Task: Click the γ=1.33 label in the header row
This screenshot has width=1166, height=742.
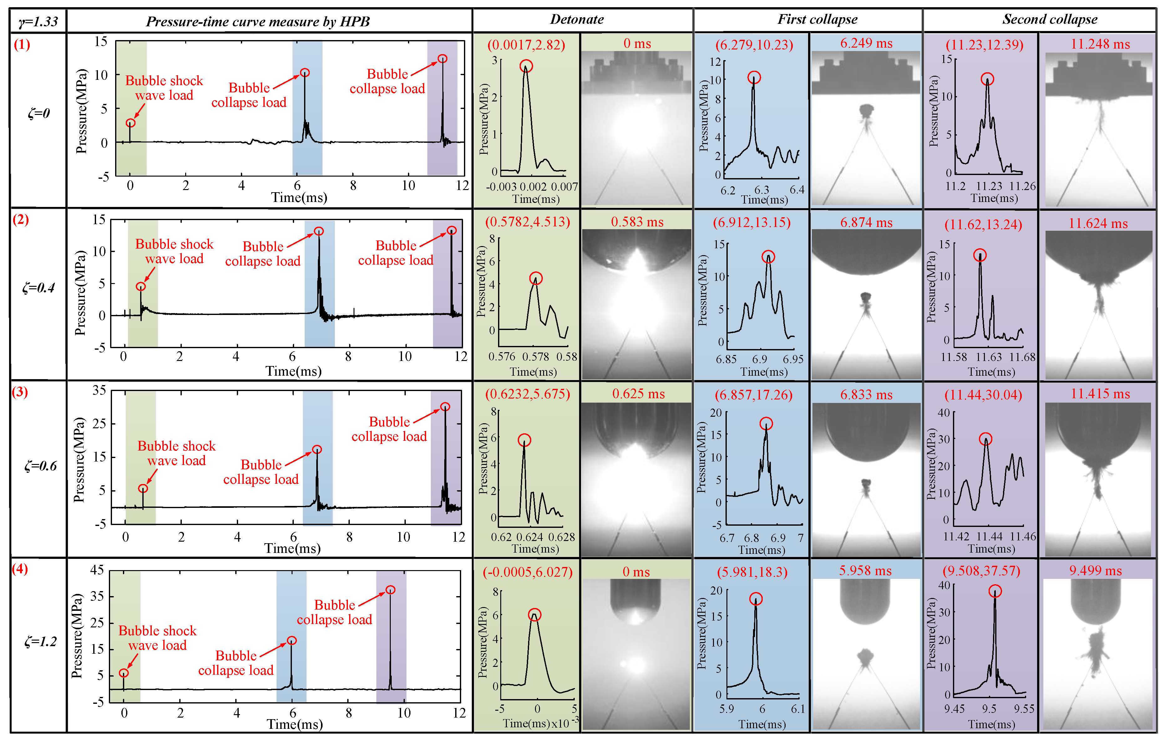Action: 38,21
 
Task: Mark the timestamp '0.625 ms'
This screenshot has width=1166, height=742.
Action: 638,394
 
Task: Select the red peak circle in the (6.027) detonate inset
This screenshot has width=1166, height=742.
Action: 534,615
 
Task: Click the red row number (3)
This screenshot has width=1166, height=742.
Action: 20,392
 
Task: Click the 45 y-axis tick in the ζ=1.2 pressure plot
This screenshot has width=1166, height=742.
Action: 97,569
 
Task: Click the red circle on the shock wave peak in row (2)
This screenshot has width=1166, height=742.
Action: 140,286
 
